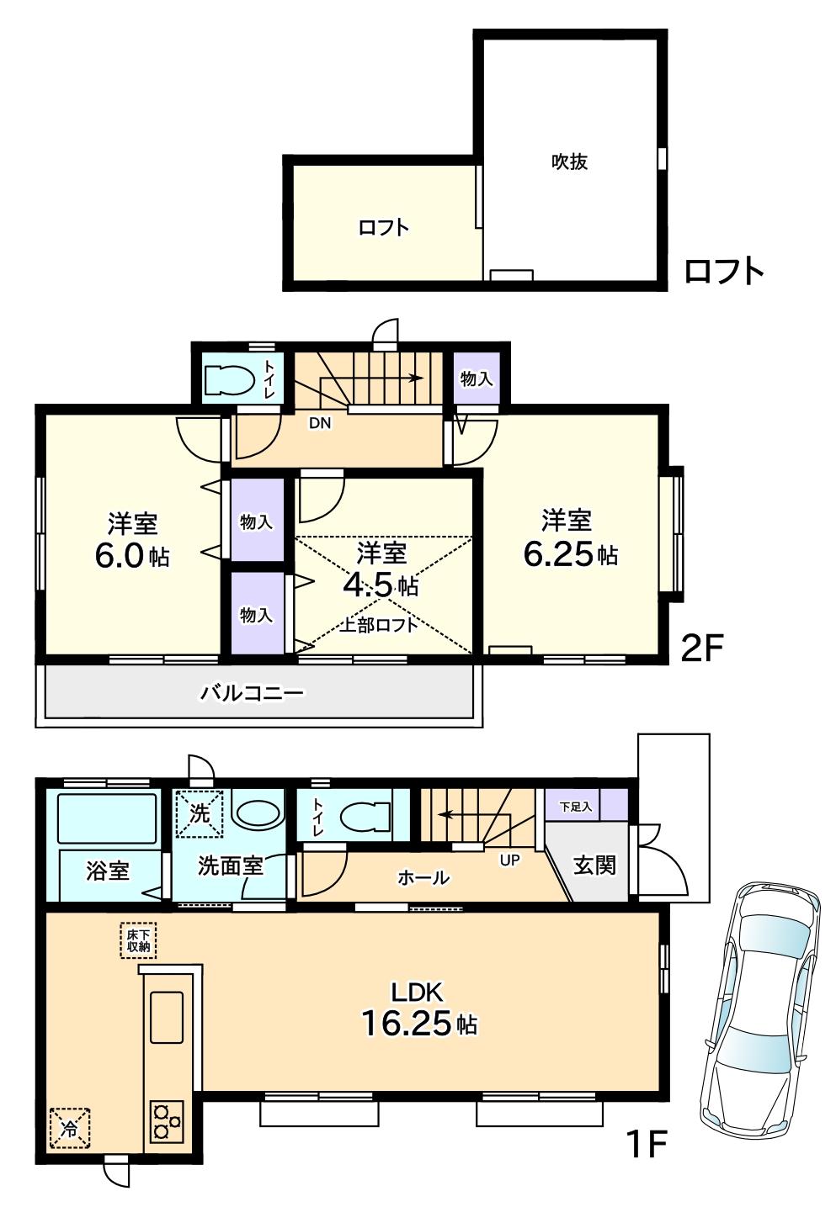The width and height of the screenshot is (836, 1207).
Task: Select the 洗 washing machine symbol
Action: click(x=200, y=813)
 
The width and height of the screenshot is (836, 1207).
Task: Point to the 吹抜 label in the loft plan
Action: click(x=569, y=161)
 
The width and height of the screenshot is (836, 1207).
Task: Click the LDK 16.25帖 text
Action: click(x=418, y=1009)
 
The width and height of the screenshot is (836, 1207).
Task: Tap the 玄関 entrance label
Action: click(x=594, y=865)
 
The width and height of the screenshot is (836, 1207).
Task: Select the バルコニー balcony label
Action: click(x=252, y=693)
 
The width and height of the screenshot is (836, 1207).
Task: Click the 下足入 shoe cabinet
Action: click(x=577, y=806)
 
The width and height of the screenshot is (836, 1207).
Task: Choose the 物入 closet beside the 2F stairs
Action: click(x=476, y=379)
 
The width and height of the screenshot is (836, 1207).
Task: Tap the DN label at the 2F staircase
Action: click(x=319, y=424)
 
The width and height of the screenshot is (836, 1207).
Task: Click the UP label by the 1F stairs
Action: click(x=510, y=860)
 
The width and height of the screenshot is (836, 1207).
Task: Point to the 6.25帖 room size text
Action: click(x=570, y=555)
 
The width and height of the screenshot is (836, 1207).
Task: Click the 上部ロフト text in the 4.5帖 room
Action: click(x=379, y=625)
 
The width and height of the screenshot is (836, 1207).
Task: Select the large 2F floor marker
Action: click(x=702, y=648)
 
